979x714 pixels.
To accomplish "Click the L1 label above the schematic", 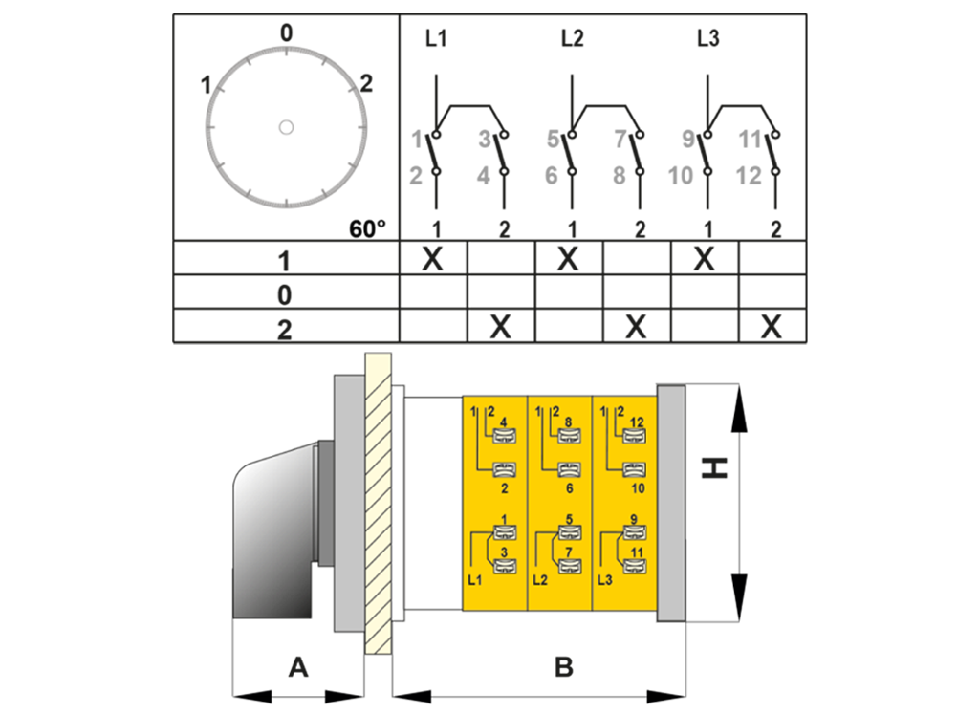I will [436, 40].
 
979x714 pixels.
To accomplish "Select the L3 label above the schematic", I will [707, 40].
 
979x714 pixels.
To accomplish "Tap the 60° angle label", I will [368, 228].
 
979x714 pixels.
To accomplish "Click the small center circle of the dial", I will [286, 126].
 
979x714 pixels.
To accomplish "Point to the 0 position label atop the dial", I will [286, 33].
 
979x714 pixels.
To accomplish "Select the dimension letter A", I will [298, 667].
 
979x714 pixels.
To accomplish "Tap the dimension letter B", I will [564, 667].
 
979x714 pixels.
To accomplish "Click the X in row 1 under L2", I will [569, 259].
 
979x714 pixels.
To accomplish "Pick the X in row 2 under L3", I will [772, 328].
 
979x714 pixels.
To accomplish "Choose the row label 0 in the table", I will [285, 293].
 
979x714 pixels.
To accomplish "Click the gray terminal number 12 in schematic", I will [750, 176].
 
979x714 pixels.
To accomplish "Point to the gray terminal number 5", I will [553, 141].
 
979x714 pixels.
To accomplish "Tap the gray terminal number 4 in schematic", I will [484, 176].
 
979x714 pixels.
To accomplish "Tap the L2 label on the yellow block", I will [539, 579].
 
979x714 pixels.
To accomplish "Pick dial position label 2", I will [365, 84].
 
